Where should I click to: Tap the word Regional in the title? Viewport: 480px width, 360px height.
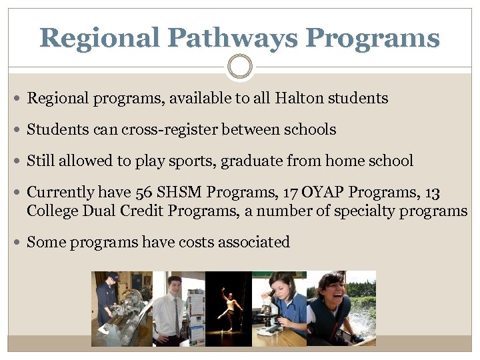click(x=99, y=38)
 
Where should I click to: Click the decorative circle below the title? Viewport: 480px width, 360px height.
click(x=240, y=67)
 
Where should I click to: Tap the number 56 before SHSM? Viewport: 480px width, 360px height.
click(x=144, y=193)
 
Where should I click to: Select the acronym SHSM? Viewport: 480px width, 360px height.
click(x=180, y=193)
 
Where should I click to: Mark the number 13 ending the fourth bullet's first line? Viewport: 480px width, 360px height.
click(x=432, y=193)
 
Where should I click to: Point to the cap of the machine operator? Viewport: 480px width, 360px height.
click(x=113, y=277)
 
